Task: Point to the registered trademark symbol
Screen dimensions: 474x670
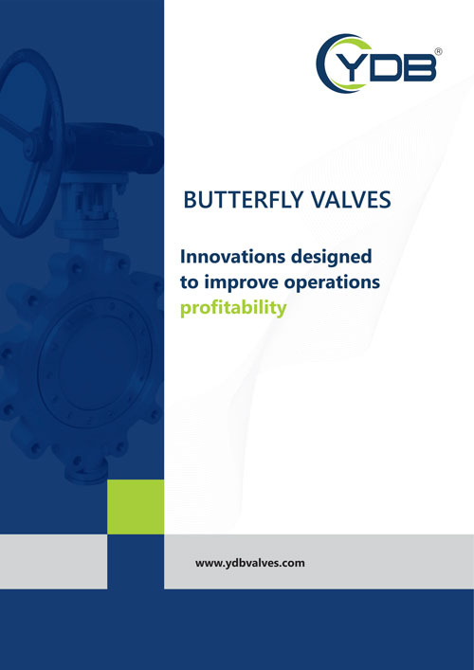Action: click(439, 51)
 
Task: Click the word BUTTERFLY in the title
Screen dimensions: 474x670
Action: click(244, 200)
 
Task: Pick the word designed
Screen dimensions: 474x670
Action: click(331, 258)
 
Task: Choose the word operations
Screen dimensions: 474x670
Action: click(337, 283)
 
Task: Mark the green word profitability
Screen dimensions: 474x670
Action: click(233, 309)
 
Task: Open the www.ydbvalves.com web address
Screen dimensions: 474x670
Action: click(250, 563)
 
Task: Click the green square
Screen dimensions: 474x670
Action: click(136, 507)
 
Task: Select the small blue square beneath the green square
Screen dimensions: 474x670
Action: click(136, 561)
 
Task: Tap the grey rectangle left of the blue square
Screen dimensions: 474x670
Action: click(53, 561)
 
